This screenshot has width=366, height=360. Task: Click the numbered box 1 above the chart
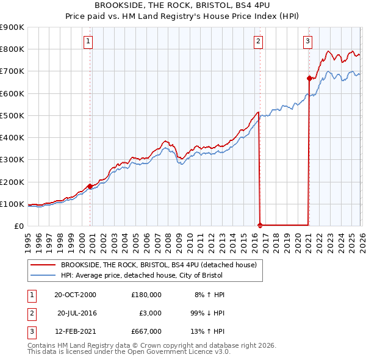[x=88, y=41]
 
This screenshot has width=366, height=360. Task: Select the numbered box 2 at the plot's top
[x=259, y=41]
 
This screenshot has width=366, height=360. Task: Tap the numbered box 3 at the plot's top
[x=307, y=41]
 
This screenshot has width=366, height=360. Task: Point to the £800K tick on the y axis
[x=12, y=49]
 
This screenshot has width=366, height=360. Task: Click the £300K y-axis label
[x=12, y=160]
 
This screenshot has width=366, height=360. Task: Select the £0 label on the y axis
[x=18, y=226]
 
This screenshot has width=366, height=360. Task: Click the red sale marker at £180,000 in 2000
[x=90, y=186]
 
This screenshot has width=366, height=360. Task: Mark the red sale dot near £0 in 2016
[x=260, y=225]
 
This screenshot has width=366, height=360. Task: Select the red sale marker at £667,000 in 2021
[x=309, y=78]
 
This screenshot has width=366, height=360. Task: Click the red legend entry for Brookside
[x=162, y=265]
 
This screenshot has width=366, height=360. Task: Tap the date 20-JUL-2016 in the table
[x=77, y=313]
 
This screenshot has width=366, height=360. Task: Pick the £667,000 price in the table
[x=146, y=331]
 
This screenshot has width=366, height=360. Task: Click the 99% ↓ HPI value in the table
[x=207, y=313]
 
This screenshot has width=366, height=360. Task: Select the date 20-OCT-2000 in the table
[x=75, y=295]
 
